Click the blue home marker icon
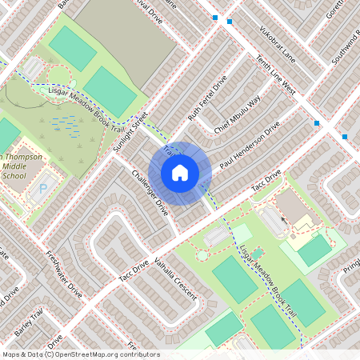coord(180,172)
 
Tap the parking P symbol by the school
coord(42,190)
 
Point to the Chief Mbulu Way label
coord(238,114)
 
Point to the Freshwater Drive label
coord(64,275)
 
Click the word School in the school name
coord(14,175)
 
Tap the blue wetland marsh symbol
coord(66,125)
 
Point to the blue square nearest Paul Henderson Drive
coord(317,123)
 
